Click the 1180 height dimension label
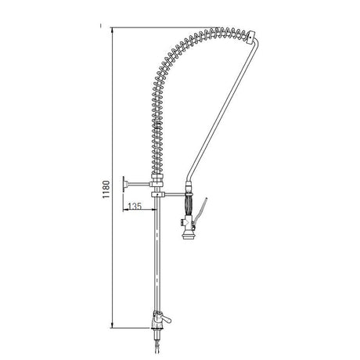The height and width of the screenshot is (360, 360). (x=106, y=189)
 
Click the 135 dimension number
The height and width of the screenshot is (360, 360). (x=135, y=206)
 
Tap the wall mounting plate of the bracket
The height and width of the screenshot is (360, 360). (x=124, y=185)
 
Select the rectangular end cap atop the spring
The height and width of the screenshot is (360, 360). (x=250, y=38)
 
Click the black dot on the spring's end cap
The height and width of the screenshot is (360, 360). (x=250, y=38)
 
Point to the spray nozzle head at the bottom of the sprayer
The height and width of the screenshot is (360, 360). (x=189, y=234)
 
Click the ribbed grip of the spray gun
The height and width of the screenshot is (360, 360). (x=189, y=206)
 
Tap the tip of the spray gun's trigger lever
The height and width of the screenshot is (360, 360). (x=207, y=199)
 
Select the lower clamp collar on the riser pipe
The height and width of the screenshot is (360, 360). (x=158, y=194)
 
